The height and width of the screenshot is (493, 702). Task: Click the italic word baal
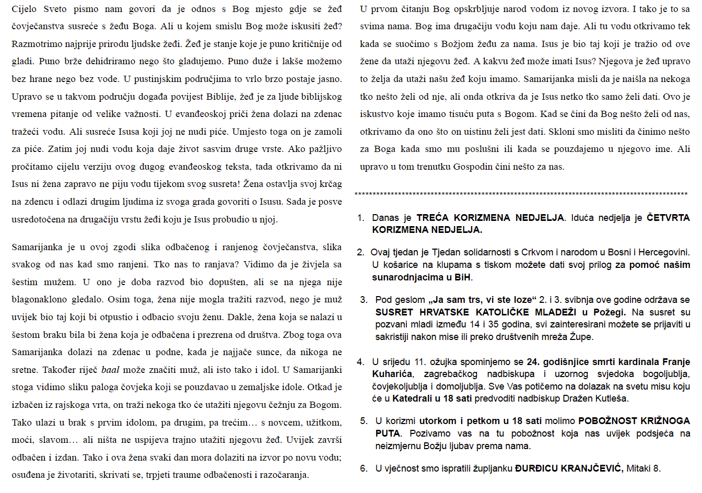[110, 370]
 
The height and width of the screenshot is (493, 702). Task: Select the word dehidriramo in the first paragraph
[102, 62]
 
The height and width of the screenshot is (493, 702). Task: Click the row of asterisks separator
[521, 195]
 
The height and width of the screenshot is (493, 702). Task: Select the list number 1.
[360, 218]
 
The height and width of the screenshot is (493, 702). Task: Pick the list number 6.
[364, 468]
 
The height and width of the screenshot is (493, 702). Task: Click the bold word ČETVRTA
[668, 218]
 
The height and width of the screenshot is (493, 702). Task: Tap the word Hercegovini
[662, 252]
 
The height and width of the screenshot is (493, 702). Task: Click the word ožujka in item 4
[447, 362]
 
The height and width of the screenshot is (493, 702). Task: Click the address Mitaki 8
[643, 468]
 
